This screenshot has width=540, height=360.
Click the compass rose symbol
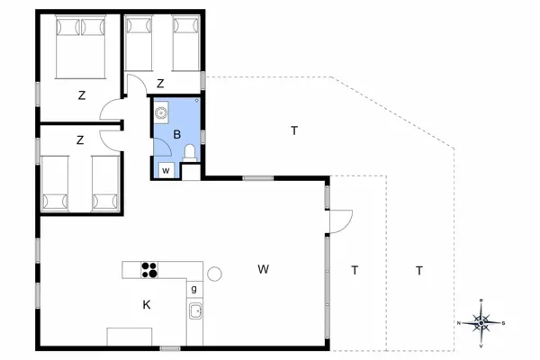[x=482, y=320]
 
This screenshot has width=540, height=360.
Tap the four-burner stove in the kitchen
[x=148, y=269]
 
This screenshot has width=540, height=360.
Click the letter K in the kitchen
[x=146, y=305]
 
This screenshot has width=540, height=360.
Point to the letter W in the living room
[x=263, y=268]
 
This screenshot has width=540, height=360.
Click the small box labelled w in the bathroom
[x=166, y=169]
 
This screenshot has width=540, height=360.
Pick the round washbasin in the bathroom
[x=162, y=113]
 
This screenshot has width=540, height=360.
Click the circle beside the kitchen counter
[x=215, y=274]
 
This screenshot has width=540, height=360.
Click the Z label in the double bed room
[x=81, y=94]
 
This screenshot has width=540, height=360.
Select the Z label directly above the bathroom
[x=160, y=84]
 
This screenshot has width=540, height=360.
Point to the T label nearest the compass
[x=419, y=270]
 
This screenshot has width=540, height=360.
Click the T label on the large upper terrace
[x=294, y=131]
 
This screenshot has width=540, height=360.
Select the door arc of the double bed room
[x=112, y=112]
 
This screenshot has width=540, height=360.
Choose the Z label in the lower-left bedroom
[x=80, y=139]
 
